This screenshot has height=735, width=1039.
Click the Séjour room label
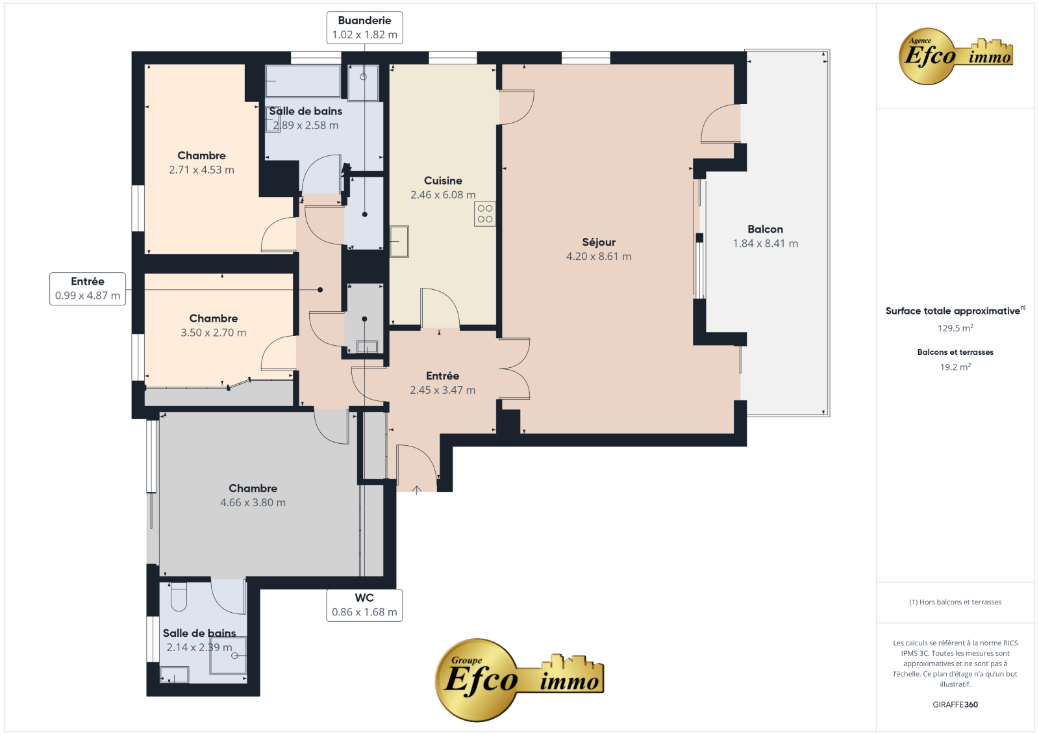click(x=599, y=242)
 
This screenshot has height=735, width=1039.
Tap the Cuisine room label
click(x=443, y=181)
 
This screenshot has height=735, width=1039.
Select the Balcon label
click(x=766, y=229)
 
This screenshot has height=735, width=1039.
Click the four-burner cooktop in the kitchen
click(x=484, y=214)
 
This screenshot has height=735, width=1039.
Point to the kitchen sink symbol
click(x=399, y=242)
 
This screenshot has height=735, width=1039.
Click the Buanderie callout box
click(x=364, y=28)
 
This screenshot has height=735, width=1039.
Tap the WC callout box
click(x=364, y=605)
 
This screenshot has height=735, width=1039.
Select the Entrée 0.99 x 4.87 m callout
click(x=88, y=289)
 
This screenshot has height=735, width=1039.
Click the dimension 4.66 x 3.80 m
click(x=253, y=502)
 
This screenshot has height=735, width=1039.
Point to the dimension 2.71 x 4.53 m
click(x=201, y=170)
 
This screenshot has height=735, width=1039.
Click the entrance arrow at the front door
click(x=416, y=490)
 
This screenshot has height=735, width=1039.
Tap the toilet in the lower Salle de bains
click(x=179, y=597)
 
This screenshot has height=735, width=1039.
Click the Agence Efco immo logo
click(x=955, y=56)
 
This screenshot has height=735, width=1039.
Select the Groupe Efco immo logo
click(x=519, y=680)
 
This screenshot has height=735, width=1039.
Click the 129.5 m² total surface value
click(x=955, y=328)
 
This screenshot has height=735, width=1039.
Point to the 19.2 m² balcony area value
click(x=955, y=367)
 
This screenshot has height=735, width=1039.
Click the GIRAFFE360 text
click(x=955, y=704)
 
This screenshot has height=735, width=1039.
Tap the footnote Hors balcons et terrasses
click(x=955, y=602)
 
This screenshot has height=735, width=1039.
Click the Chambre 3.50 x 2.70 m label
click(x=214, y=325)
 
